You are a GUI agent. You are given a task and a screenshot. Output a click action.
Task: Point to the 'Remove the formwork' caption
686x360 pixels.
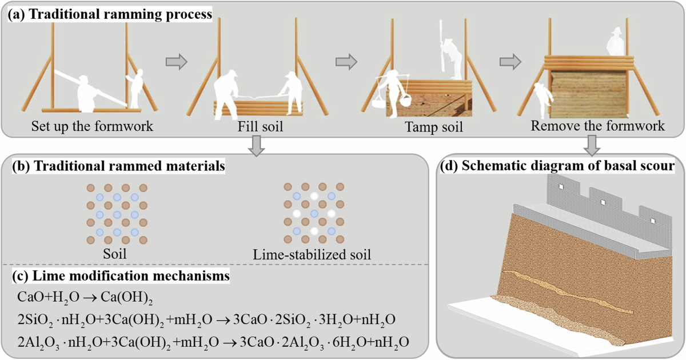(598, 125)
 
